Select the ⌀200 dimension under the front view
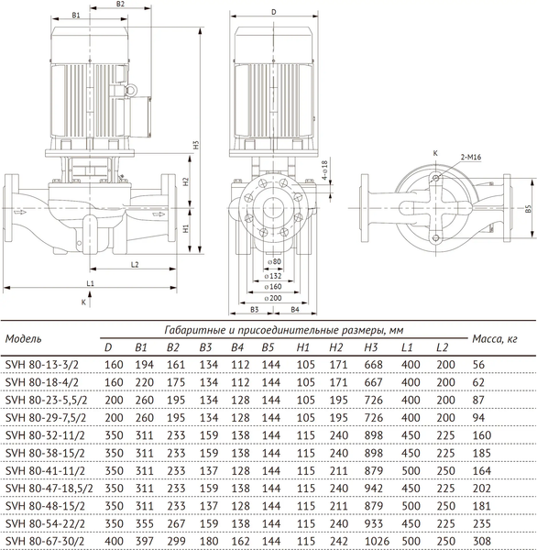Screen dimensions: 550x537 pos(273,298)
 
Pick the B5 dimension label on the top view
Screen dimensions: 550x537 pos(528,209)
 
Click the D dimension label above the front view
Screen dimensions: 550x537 pos(273,12)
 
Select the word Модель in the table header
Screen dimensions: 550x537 pos(24,338)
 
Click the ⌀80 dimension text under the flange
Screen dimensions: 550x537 pos(273,262)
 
